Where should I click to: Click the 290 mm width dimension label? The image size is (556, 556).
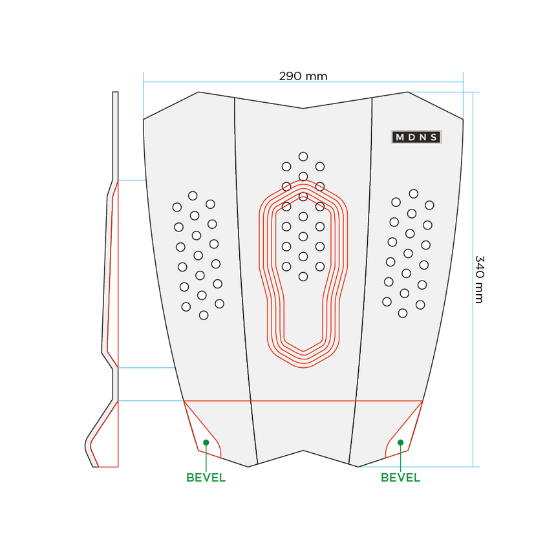[303, 76]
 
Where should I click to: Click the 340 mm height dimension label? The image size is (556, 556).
[480, 279]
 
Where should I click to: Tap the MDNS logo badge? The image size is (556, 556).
[416, 137]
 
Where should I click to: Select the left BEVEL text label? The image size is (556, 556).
[206, 478]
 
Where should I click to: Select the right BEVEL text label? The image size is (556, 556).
[400, 478]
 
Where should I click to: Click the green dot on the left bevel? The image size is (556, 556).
[206, 442]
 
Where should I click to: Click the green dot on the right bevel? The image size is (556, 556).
[400, 442]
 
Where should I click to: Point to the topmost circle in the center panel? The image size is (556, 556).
[303, 156]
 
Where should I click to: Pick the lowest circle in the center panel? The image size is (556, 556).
[303, 277]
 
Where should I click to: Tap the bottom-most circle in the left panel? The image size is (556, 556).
[204, 315]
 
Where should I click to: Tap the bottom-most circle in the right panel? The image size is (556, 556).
[403, 313]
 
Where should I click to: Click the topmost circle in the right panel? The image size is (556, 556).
[414, 193]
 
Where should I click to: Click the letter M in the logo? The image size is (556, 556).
[400, 137]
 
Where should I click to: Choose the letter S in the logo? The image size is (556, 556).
[434, 137]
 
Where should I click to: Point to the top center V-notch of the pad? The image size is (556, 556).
[303, 108]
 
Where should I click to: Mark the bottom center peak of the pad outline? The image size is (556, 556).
[303, 451]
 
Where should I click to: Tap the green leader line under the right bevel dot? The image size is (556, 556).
[400, 458]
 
